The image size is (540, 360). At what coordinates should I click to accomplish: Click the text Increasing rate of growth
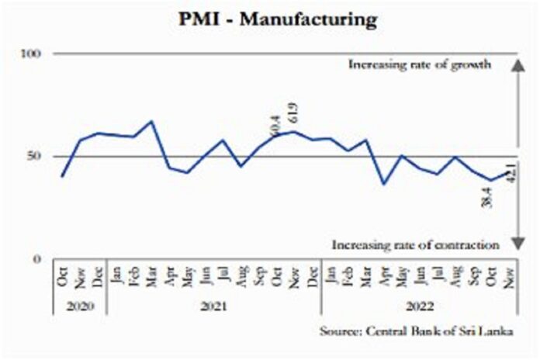(419, 64)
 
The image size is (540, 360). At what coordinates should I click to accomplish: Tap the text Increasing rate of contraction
(415, 245)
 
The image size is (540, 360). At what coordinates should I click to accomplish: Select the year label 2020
(79, 307)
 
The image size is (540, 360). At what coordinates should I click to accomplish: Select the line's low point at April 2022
(382, 184)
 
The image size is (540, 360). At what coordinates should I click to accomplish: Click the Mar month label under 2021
(152, 275)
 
